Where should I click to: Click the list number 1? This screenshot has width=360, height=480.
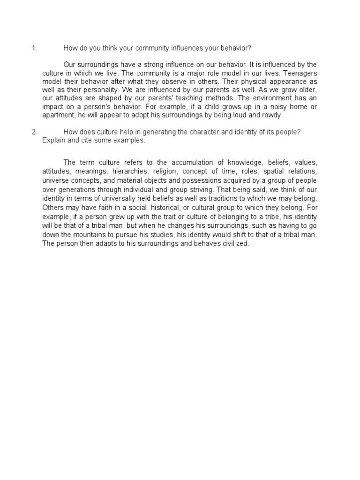(34, 48)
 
